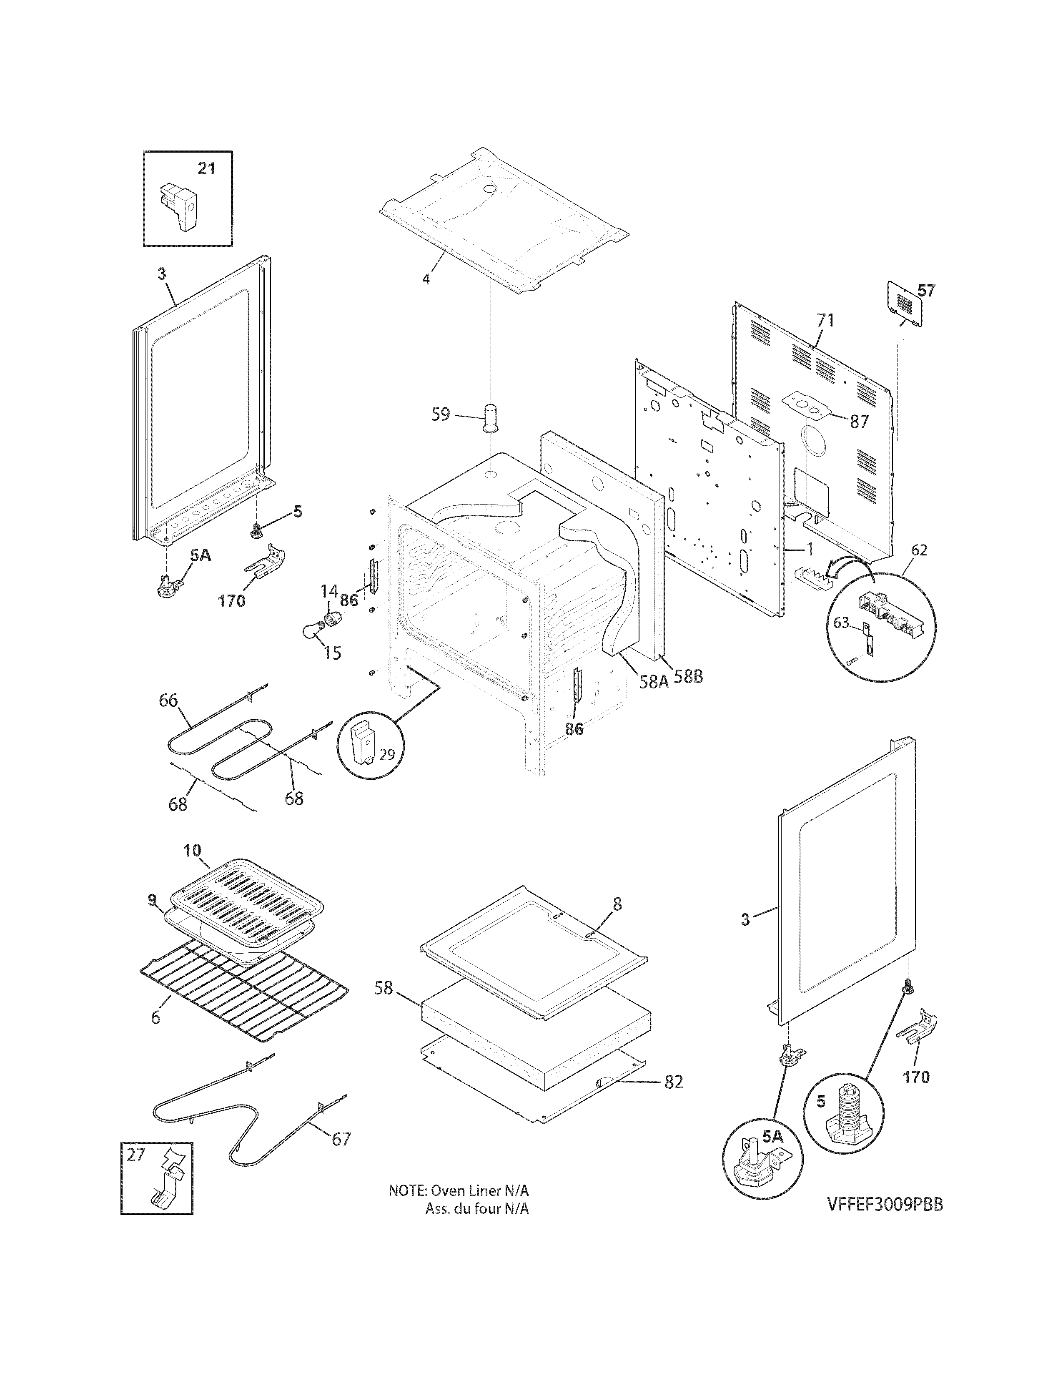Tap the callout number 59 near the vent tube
(x=441, y=414)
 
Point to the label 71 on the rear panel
(x=825, y=321)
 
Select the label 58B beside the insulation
(x=688, y=677)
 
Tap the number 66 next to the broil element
(x=168, y=701)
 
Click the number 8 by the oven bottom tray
(x=617, y=904)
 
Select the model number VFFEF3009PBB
(x=885, y=1204)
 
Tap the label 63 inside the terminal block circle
(x=841, y=623)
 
